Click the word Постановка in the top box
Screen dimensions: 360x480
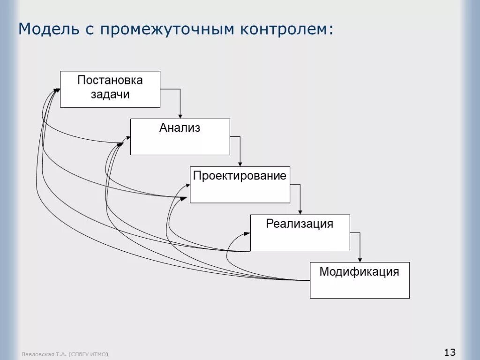[110, 80]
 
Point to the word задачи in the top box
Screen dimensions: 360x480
[110, 94]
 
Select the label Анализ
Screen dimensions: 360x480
[180, 127]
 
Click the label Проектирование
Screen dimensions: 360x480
[240, 176]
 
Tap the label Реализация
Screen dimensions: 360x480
[300, 224]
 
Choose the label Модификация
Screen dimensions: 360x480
[359, 271]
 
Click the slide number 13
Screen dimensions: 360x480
[450, 352]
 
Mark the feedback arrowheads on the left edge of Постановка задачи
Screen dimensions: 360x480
[57, 90]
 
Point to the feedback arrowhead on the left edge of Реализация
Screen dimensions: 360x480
[247, 233]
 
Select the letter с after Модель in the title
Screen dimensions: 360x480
[90, 29]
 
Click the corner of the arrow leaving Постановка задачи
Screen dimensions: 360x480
[180, 89]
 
